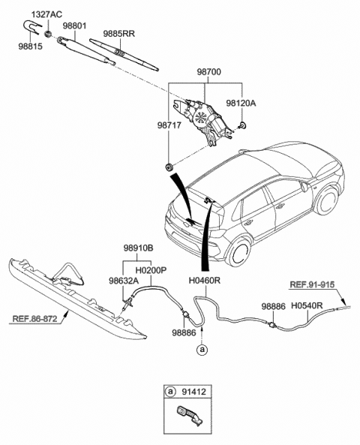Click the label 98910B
(138, 246)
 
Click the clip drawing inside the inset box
(188, 413)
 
